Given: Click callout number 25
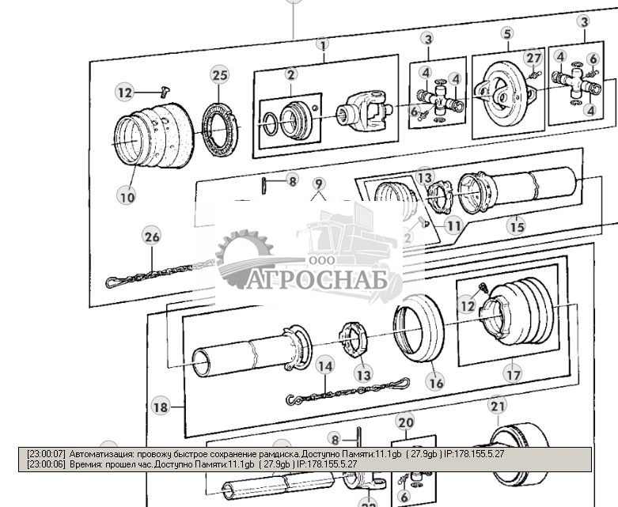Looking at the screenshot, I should point(219,75).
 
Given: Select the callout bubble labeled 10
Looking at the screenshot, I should point(127,196).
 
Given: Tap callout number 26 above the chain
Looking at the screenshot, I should point(152,236).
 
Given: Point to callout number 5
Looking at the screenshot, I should point(507,33).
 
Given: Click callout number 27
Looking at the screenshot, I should point(535,57).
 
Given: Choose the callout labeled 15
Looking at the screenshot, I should point(517,227).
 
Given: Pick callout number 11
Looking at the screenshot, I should point(453,225).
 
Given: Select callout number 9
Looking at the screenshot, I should point(318,184).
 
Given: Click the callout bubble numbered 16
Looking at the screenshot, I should point(435,382).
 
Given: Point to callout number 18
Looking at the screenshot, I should point(161,407).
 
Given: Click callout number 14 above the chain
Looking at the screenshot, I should point(324,365).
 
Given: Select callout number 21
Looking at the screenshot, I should point(497,407).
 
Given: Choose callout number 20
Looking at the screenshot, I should point(405,422).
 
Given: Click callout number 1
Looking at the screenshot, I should point(323,45).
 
